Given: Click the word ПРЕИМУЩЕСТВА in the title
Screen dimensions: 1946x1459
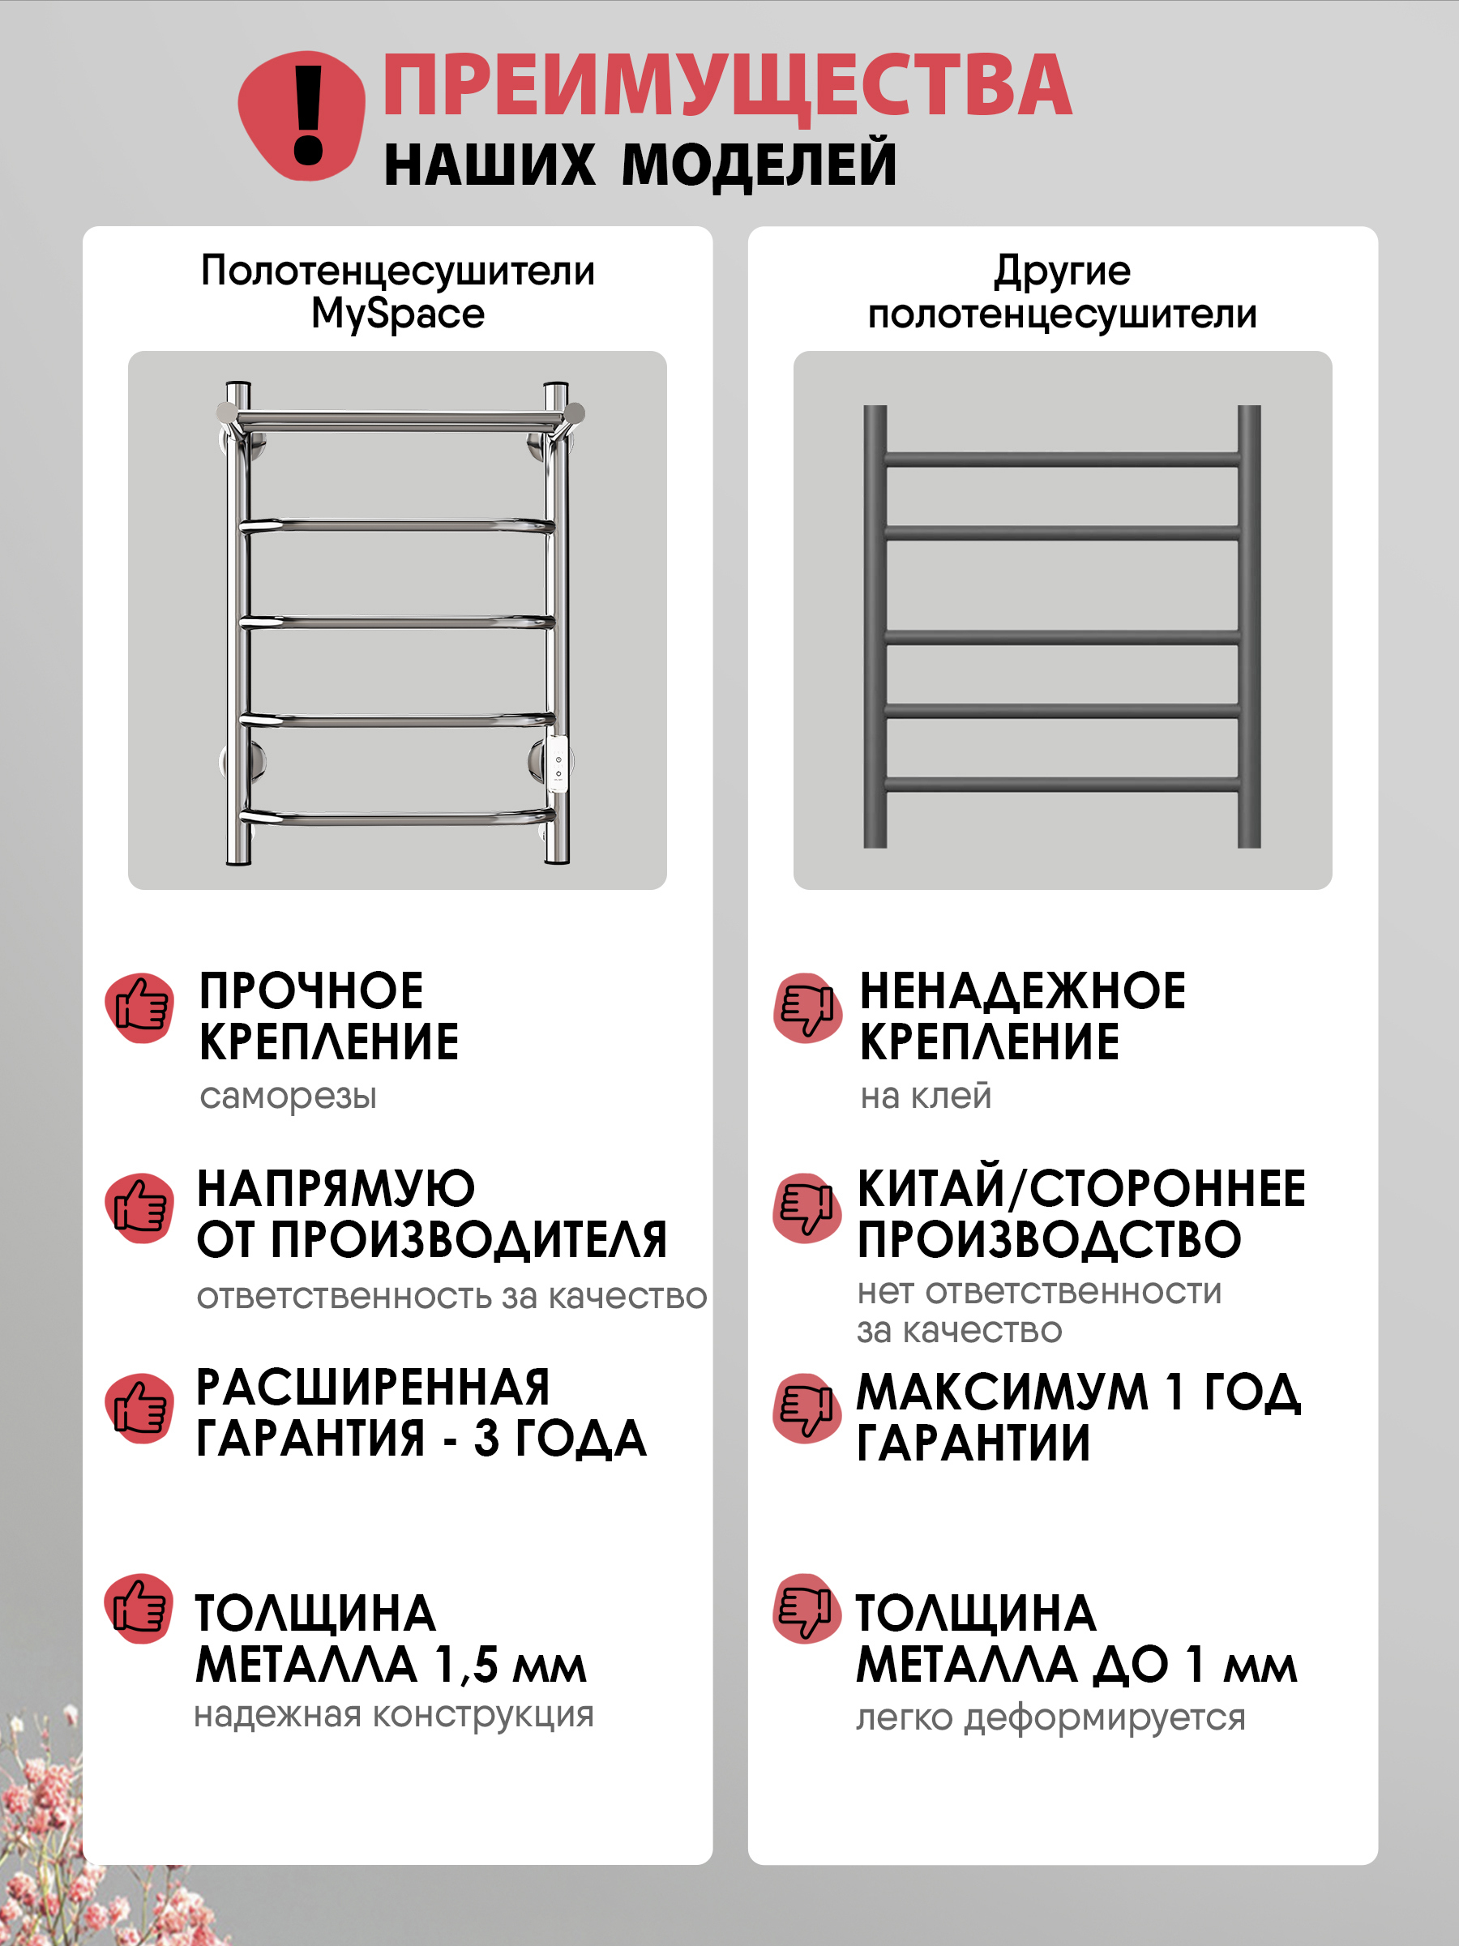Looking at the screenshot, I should coord(727,85).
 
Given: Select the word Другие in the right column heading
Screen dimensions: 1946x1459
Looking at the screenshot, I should coord(1062,271).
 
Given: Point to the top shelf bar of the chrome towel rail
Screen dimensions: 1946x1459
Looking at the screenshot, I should coord(400,414).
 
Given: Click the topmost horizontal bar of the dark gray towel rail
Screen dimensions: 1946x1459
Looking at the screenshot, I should coord(1062,460).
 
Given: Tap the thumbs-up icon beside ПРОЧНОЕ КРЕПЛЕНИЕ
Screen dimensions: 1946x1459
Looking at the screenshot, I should coord(140,1007).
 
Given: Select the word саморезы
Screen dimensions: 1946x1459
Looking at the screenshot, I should coord(288,1096).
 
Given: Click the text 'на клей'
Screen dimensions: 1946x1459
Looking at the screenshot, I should coord(926,1096).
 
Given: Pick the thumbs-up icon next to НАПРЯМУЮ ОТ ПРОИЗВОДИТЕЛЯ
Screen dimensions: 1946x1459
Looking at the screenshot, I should coord(140,1207).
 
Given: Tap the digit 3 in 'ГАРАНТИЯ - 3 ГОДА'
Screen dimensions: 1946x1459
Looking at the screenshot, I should coord(486,1439).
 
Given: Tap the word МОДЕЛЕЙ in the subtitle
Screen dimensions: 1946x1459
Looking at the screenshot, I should coord(759,165).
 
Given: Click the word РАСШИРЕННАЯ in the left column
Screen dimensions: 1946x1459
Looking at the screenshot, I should coord(373,1388).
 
